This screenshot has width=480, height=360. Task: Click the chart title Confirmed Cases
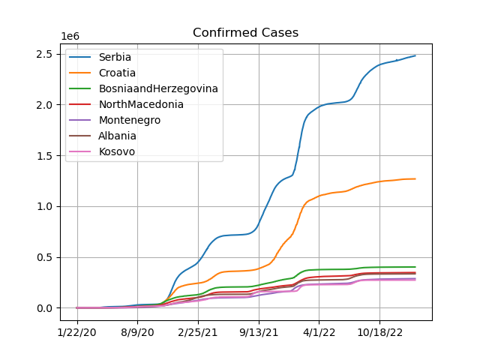coord(245,32)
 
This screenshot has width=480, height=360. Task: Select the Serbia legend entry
coord(115,57)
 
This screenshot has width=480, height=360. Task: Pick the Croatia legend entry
coord(117,73)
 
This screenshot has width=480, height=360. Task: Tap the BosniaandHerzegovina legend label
coord(158,88)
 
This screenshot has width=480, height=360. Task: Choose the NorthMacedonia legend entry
coord(141,104)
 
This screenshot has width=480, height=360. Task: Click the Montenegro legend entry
coord(130,120)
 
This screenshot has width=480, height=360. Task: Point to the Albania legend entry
coord(117,136)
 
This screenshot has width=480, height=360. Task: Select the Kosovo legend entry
coord(117,151)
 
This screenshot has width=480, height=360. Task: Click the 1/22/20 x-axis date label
coord(76,332)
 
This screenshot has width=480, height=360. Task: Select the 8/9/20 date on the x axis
coord(137,332)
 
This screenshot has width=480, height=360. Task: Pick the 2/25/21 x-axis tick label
coord(198,332)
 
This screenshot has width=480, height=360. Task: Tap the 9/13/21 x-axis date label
coord(259,332)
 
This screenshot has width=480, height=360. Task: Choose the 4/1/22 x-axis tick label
coord(319,332)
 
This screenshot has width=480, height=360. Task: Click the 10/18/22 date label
coord(380,332)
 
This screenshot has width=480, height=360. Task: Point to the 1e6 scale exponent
coord(70,37)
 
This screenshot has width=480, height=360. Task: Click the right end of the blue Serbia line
coord(415,55)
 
